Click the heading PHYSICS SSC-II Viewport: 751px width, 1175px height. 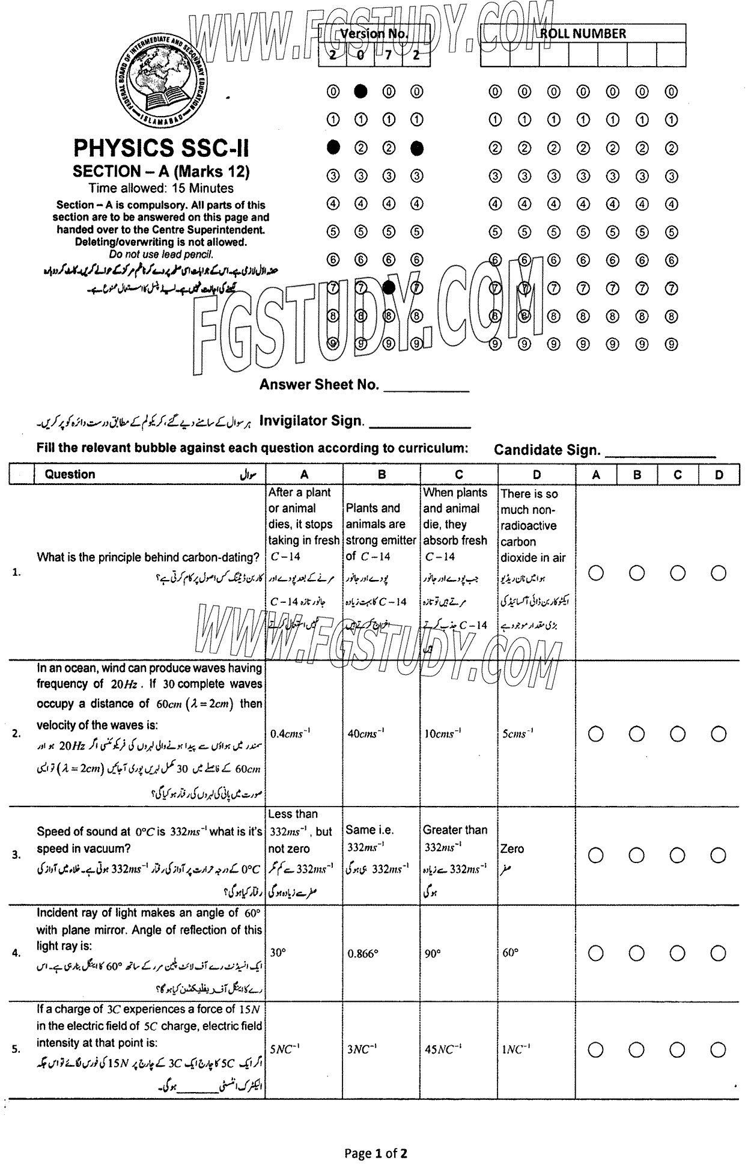[x=161, y=148]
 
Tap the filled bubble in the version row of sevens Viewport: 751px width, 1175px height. [x=389, y=288]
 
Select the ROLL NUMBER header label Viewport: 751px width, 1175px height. [x=583, y=34]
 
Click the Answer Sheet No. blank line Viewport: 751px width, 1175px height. [x=426, y=391]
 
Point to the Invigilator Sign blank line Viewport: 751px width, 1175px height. [x=419, y=427]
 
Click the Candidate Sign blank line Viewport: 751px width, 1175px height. [x=660, y=456]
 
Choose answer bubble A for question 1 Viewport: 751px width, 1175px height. [x=596, y=573]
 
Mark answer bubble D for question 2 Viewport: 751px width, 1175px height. [x=719, y=734]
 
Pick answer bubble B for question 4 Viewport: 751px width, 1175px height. [x=637, y=953]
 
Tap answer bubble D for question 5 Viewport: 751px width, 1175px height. [x=719, y=1049]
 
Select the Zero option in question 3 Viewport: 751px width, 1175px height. [x=512, y=849]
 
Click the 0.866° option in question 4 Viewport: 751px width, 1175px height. [x=363, y=953]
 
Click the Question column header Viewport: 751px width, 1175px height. [x=70, y=474]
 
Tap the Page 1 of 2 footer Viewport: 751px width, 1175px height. [x=375, y=1153]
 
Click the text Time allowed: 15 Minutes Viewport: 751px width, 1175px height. [x=161, y=188]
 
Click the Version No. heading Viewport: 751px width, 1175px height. [x=374, y=34]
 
